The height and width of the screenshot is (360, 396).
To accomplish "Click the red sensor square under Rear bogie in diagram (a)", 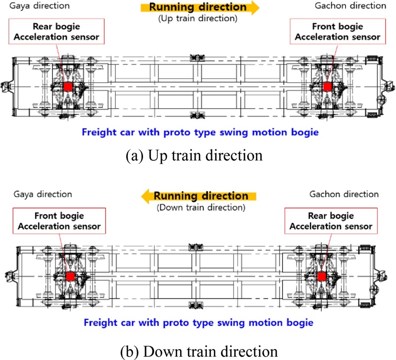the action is [x=68, y=87].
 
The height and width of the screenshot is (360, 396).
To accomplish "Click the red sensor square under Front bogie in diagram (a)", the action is [x=328, y=87].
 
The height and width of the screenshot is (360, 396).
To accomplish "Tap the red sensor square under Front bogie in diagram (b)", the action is [x=70, y=276].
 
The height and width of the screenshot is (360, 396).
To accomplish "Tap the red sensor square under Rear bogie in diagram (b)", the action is [x=322, y=276].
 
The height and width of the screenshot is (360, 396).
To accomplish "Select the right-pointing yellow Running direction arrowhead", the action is [x=255, y=7].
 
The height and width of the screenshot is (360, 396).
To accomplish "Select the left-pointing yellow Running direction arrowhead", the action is [x=146, y=196].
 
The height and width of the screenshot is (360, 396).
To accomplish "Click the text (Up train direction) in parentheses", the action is [x=198, y=18].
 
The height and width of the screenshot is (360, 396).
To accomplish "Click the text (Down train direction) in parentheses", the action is [x=201, y=208].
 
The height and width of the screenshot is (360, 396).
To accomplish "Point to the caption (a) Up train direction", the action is [x=194, y=155].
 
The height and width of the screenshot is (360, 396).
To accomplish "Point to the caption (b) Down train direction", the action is [x=199, y=351].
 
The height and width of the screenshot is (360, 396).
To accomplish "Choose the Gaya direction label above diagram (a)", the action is [x=40, y=5].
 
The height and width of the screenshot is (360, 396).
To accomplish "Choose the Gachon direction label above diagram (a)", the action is [x=350, y=5].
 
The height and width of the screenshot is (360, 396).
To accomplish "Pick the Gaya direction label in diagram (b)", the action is [x=43, y=194].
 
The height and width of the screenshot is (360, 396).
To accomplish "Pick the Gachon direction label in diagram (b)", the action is [x=344, y=194].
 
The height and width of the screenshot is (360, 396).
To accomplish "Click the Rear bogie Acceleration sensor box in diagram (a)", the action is [x=56, y=31].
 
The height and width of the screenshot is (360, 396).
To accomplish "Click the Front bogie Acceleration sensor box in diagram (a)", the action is [x=338, y=31].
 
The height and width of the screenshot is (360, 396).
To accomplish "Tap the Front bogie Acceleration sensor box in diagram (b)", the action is [x=59, y=221].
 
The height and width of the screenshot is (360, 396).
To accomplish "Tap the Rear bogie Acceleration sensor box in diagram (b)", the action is [x=331, y=221].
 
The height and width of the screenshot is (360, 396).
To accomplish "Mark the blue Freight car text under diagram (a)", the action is [x=200, y=133].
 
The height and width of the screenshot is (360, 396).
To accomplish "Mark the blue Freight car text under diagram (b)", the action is [x=198, y=322].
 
